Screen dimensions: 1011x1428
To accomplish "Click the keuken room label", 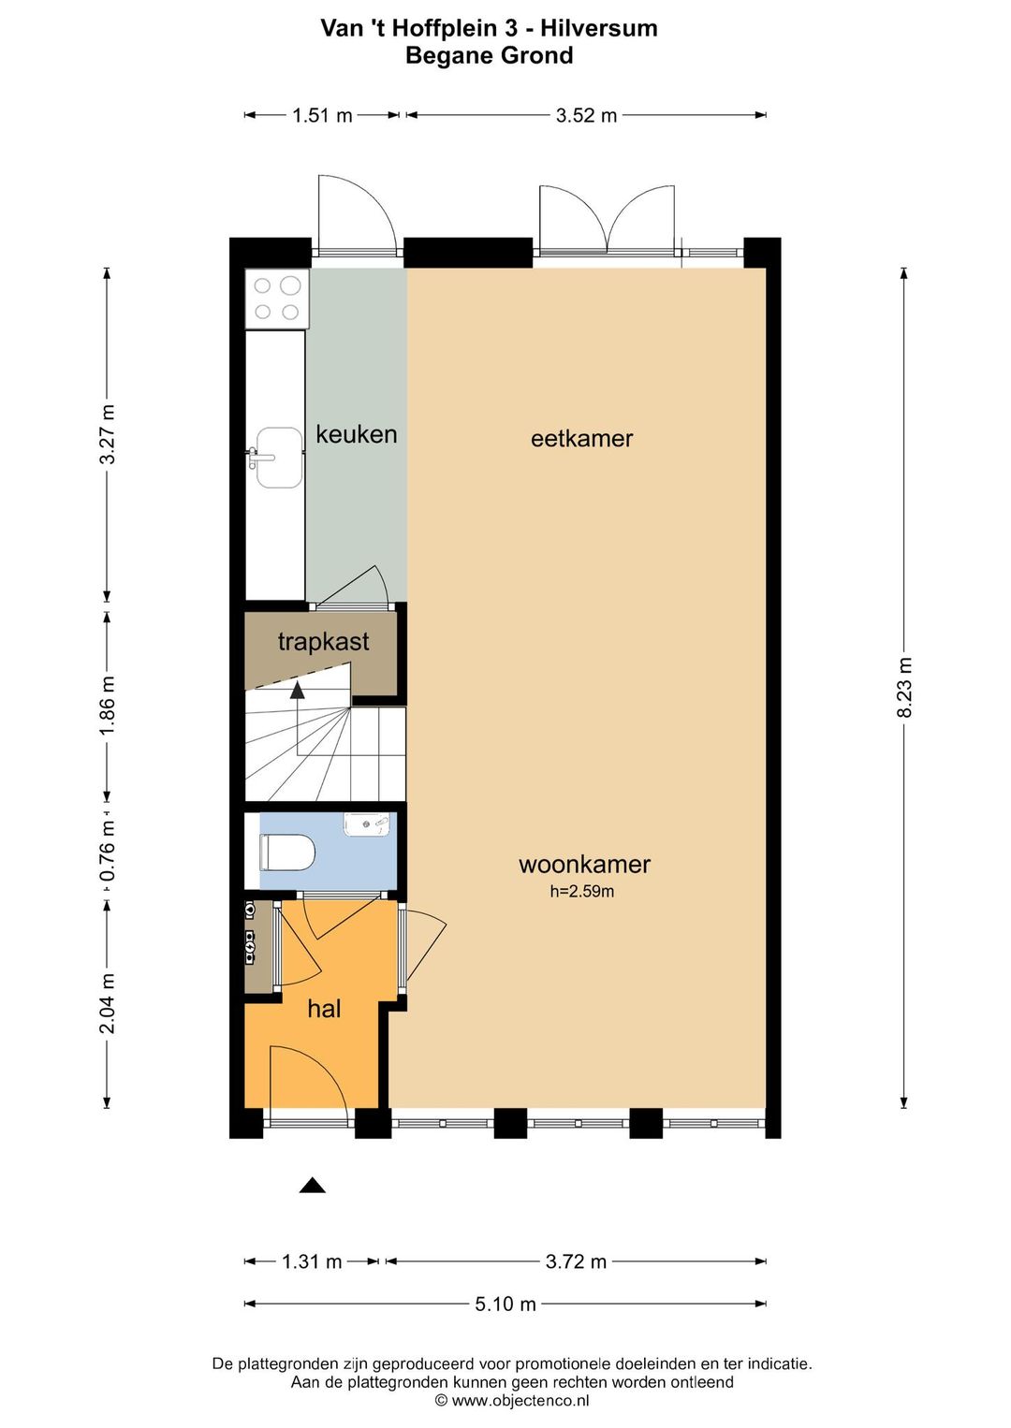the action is [357, 434].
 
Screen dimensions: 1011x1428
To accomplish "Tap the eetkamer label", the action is [581, 439].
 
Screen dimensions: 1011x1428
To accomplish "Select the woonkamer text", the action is [585, 865].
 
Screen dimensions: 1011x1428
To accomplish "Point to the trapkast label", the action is [323, 642].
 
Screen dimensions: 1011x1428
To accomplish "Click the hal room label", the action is [324, 1009].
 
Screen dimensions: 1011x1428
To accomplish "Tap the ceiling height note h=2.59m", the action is [582, 891].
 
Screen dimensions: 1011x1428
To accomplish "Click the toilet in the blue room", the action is [287, 852].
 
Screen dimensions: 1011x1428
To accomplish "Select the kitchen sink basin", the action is [279, 457].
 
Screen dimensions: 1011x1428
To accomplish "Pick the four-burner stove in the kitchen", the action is [277, 299].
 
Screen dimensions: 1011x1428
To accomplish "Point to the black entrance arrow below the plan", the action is [313, 1185].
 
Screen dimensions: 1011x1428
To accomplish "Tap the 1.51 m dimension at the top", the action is [322, 115].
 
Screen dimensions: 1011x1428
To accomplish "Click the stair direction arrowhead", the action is [297, 690].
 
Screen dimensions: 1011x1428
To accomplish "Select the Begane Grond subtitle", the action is [490, 55].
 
